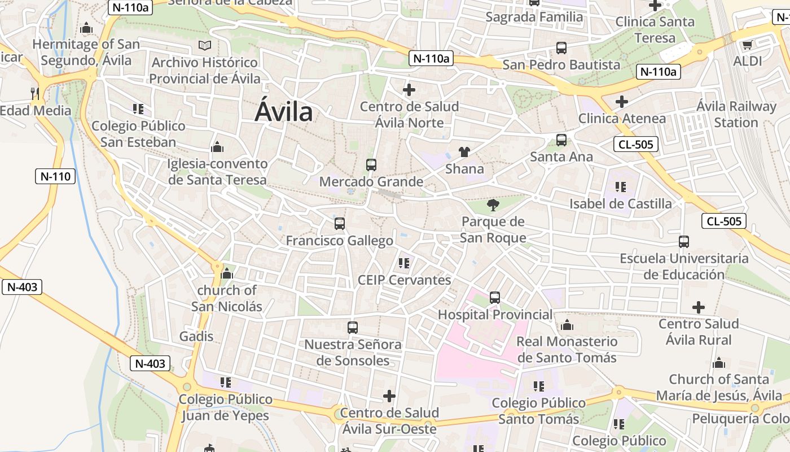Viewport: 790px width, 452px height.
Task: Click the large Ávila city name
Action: (x=283, y=111)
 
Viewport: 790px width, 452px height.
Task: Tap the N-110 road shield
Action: (x=56, y=176)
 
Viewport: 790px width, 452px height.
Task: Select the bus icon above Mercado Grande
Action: (x=371, y=165)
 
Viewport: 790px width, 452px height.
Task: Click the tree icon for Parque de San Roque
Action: (x=493, y=205)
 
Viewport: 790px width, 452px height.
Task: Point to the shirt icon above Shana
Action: (x=464, y=151)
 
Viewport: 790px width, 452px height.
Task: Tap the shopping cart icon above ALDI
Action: (x=747, y=45)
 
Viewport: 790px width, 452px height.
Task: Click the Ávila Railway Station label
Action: (x=736, y=114)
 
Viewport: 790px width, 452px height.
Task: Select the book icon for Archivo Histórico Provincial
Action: (x=205, y=45)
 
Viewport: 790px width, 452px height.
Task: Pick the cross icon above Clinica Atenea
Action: (x=622, y=102)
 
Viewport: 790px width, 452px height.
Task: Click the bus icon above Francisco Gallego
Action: (x=339, y=223)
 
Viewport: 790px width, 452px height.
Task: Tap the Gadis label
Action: (x=196, y=336)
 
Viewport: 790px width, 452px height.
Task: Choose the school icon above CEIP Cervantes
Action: (x=403, y=263)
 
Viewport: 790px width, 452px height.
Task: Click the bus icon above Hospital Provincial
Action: (x=495, y=297)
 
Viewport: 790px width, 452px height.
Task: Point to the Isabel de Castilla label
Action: (x=620, y=203)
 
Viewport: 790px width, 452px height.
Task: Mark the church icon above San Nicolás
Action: (x=227, y=274)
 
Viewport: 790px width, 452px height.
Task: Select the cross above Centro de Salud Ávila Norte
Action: (x=409, y=90)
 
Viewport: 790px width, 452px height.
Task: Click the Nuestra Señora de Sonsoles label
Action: (x=353, y=352)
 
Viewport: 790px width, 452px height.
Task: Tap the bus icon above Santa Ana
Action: (x=561, y=140)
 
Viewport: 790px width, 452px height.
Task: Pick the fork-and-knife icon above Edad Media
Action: (x=35, y=93)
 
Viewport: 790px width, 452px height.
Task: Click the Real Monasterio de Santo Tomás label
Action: (x=567, y=349)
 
